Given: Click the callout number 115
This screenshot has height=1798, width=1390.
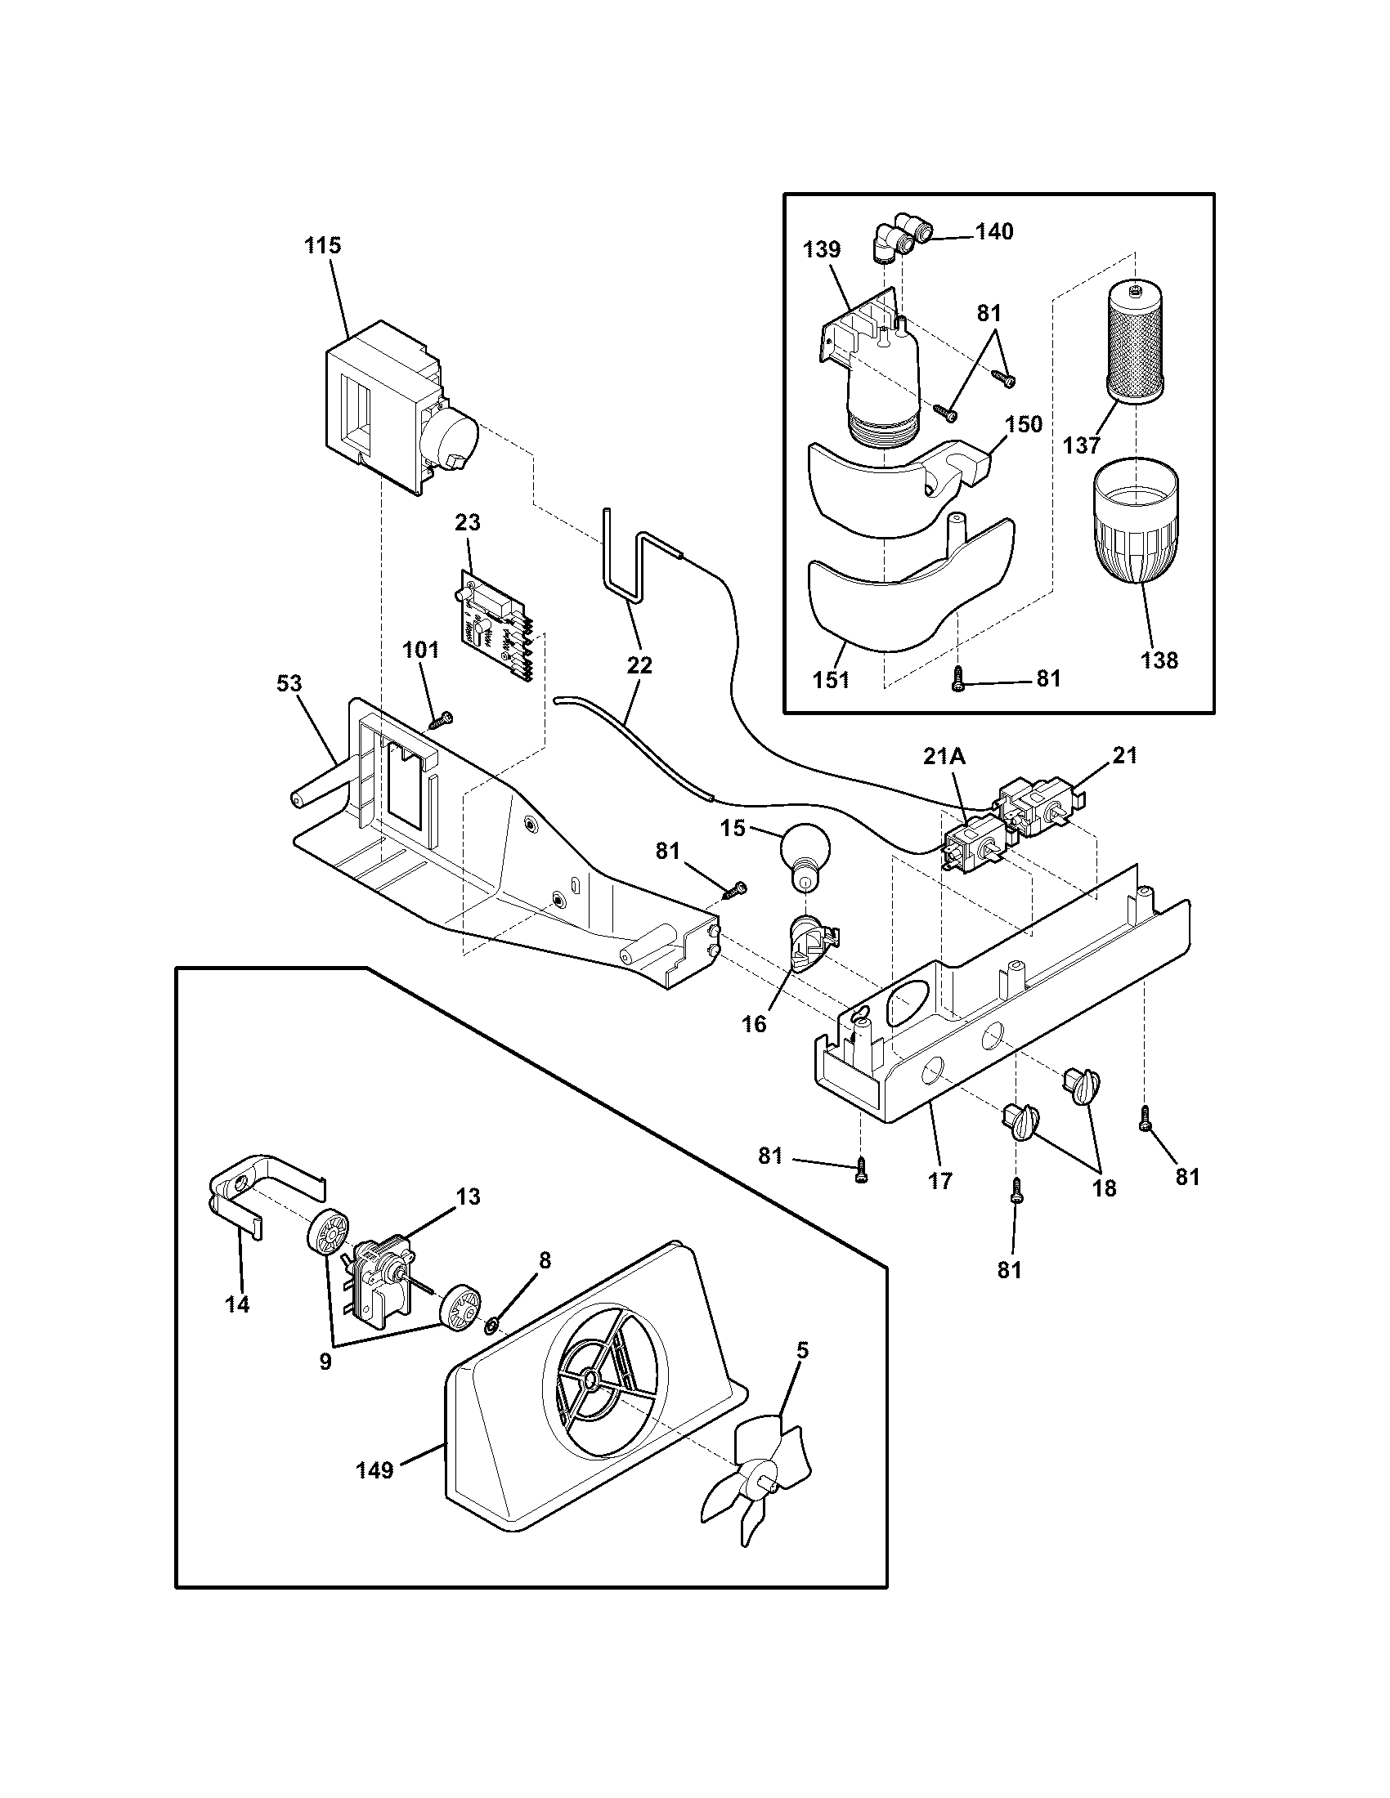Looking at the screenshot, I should pos(322,245).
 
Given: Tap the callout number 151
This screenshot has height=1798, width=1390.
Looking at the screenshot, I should pos(831,680).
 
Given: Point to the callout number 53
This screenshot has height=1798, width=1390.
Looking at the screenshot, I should pos(289,683).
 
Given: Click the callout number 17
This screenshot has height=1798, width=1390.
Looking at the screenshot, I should pos(939,1181).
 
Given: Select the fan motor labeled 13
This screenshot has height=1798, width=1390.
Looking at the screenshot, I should pos(381,1282).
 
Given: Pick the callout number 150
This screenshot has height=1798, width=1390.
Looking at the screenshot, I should pos(1025,425).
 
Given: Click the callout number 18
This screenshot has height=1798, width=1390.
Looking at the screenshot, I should pos(1104,1188).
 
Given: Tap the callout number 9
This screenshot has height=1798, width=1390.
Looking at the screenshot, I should pos(325,1362).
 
